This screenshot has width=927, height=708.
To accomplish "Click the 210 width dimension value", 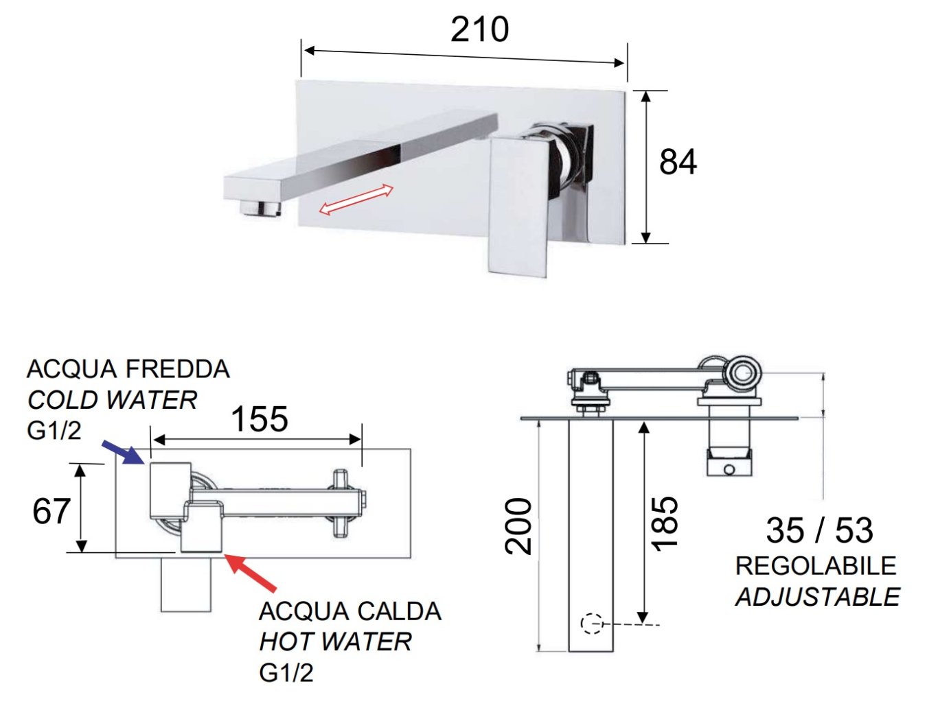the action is (x=480, y=29).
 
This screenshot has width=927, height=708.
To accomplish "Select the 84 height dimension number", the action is (x=678, y=162).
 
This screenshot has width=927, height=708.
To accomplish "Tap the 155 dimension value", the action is (x=260, y=419).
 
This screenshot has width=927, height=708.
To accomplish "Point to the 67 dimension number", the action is (x=51, y=511).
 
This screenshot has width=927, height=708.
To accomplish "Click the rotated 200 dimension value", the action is (x=518, y=526).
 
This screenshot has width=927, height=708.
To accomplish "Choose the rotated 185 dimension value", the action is (x=664, y=523).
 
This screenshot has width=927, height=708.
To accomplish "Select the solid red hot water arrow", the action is (x=251, y=573).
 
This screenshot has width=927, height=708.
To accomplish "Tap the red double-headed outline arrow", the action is (x=356, y=200).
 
